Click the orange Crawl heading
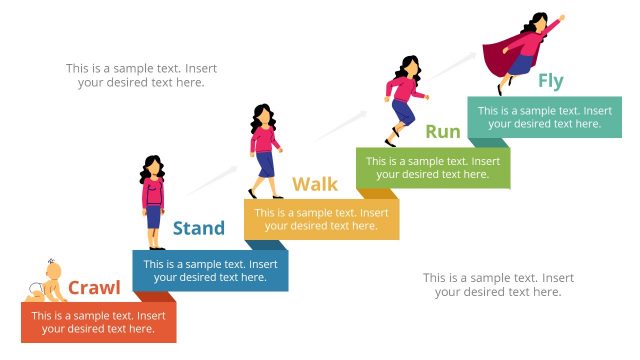[94, 289]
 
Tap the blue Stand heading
[199, 228]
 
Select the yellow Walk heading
[315, 184]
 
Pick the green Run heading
[443, 131]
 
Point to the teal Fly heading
[551, 80]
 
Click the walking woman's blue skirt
[265, 163]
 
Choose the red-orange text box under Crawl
[98, 322]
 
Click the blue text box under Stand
[210, 271]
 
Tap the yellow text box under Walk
[321, 219]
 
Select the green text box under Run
[433, 168]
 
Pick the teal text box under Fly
[544, 118]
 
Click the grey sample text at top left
[141, 75]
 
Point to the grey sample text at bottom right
[498, 284]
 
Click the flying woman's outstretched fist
[561, 17]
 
